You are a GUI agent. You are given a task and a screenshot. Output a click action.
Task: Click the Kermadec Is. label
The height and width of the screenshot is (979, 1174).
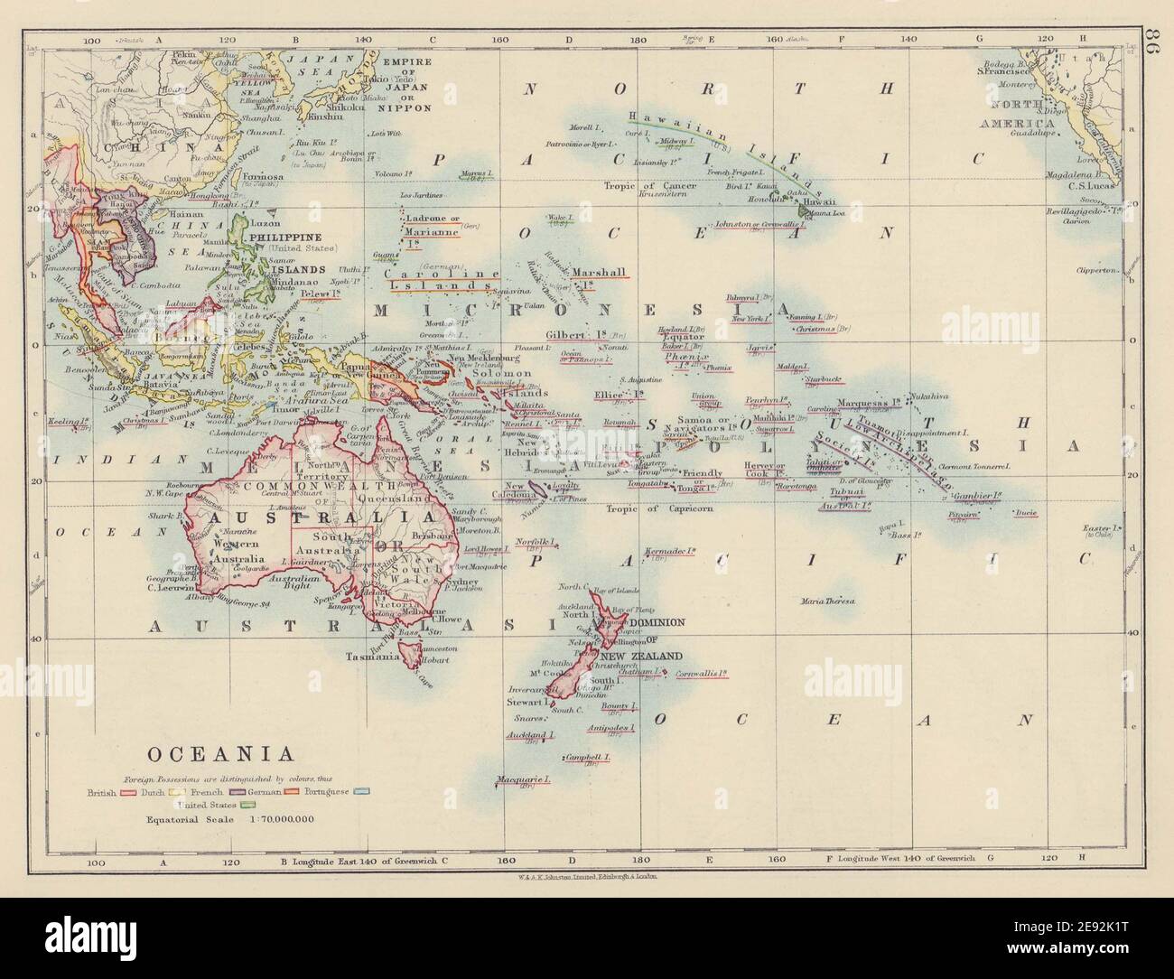pyautogui.click(x=669, y=549)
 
